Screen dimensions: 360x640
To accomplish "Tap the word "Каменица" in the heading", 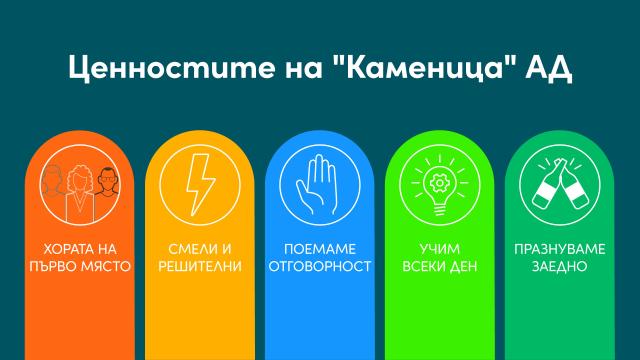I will (x=414, y=68).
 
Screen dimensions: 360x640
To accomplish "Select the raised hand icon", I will (x=320, y=188).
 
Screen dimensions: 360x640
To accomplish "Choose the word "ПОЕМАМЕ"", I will (x=320, y=249).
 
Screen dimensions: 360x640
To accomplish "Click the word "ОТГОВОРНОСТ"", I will (x=320, y=266).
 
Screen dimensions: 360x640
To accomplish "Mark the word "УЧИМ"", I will (x=439, y=249).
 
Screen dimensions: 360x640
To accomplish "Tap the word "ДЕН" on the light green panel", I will (x=466, y=266).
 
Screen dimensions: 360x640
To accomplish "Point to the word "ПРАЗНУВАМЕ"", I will (x=559, y=249).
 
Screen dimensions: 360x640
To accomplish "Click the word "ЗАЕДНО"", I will (x=559, y=266).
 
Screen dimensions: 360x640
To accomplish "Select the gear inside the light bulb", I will (x=440, y=184).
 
